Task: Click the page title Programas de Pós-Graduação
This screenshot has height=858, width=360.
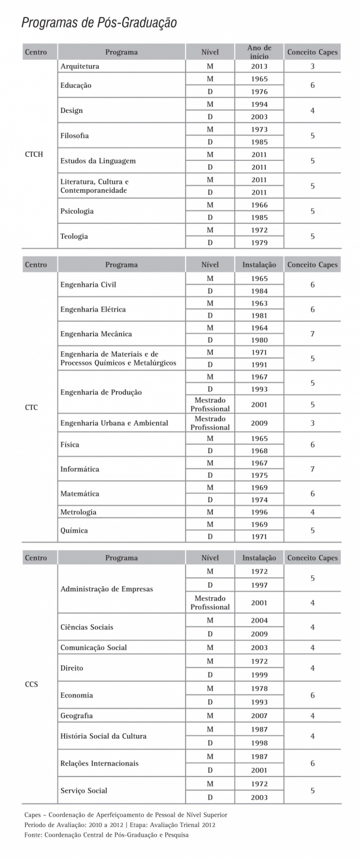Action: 99,22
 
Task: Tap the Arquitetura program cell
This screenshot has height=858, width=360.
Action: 80,66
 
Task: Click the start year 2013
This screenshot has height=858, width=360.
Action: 259,66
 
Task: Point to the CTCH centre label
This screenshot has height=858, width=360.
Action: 34,154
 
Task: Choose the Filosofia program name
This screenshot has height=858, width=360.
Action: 75,136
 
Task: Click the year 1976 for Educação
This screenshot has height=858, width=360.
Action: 259,92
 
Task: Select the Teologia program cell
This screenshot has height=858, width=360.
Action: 74,236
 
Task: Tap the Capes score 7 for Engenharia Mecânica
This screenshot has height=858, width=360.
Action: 312,334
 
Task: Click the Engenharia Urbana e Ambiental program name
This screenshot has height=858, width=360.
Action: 114,423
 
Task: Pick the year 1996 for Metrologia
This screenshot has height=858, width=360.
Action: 259,512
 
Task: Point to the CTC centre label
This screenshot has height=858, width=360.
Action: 31,407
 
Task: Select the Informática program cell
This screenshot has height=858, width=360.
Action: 79,469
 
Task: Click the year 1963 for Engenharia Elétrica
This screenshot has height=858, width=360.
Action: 259,304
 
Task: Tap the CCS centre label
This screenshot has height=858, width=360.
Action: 31,684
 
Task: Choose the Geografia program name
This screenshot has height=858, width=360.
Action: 76,716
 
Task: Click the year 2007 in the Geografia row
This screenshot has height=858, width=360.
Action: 259,716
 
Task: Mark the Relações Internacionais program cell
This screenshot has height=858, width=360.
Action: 99,764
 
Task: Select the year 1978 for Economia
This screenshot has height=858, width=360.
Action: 259,689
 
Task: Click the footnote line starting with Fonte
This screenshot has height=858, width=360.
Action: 106,835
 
